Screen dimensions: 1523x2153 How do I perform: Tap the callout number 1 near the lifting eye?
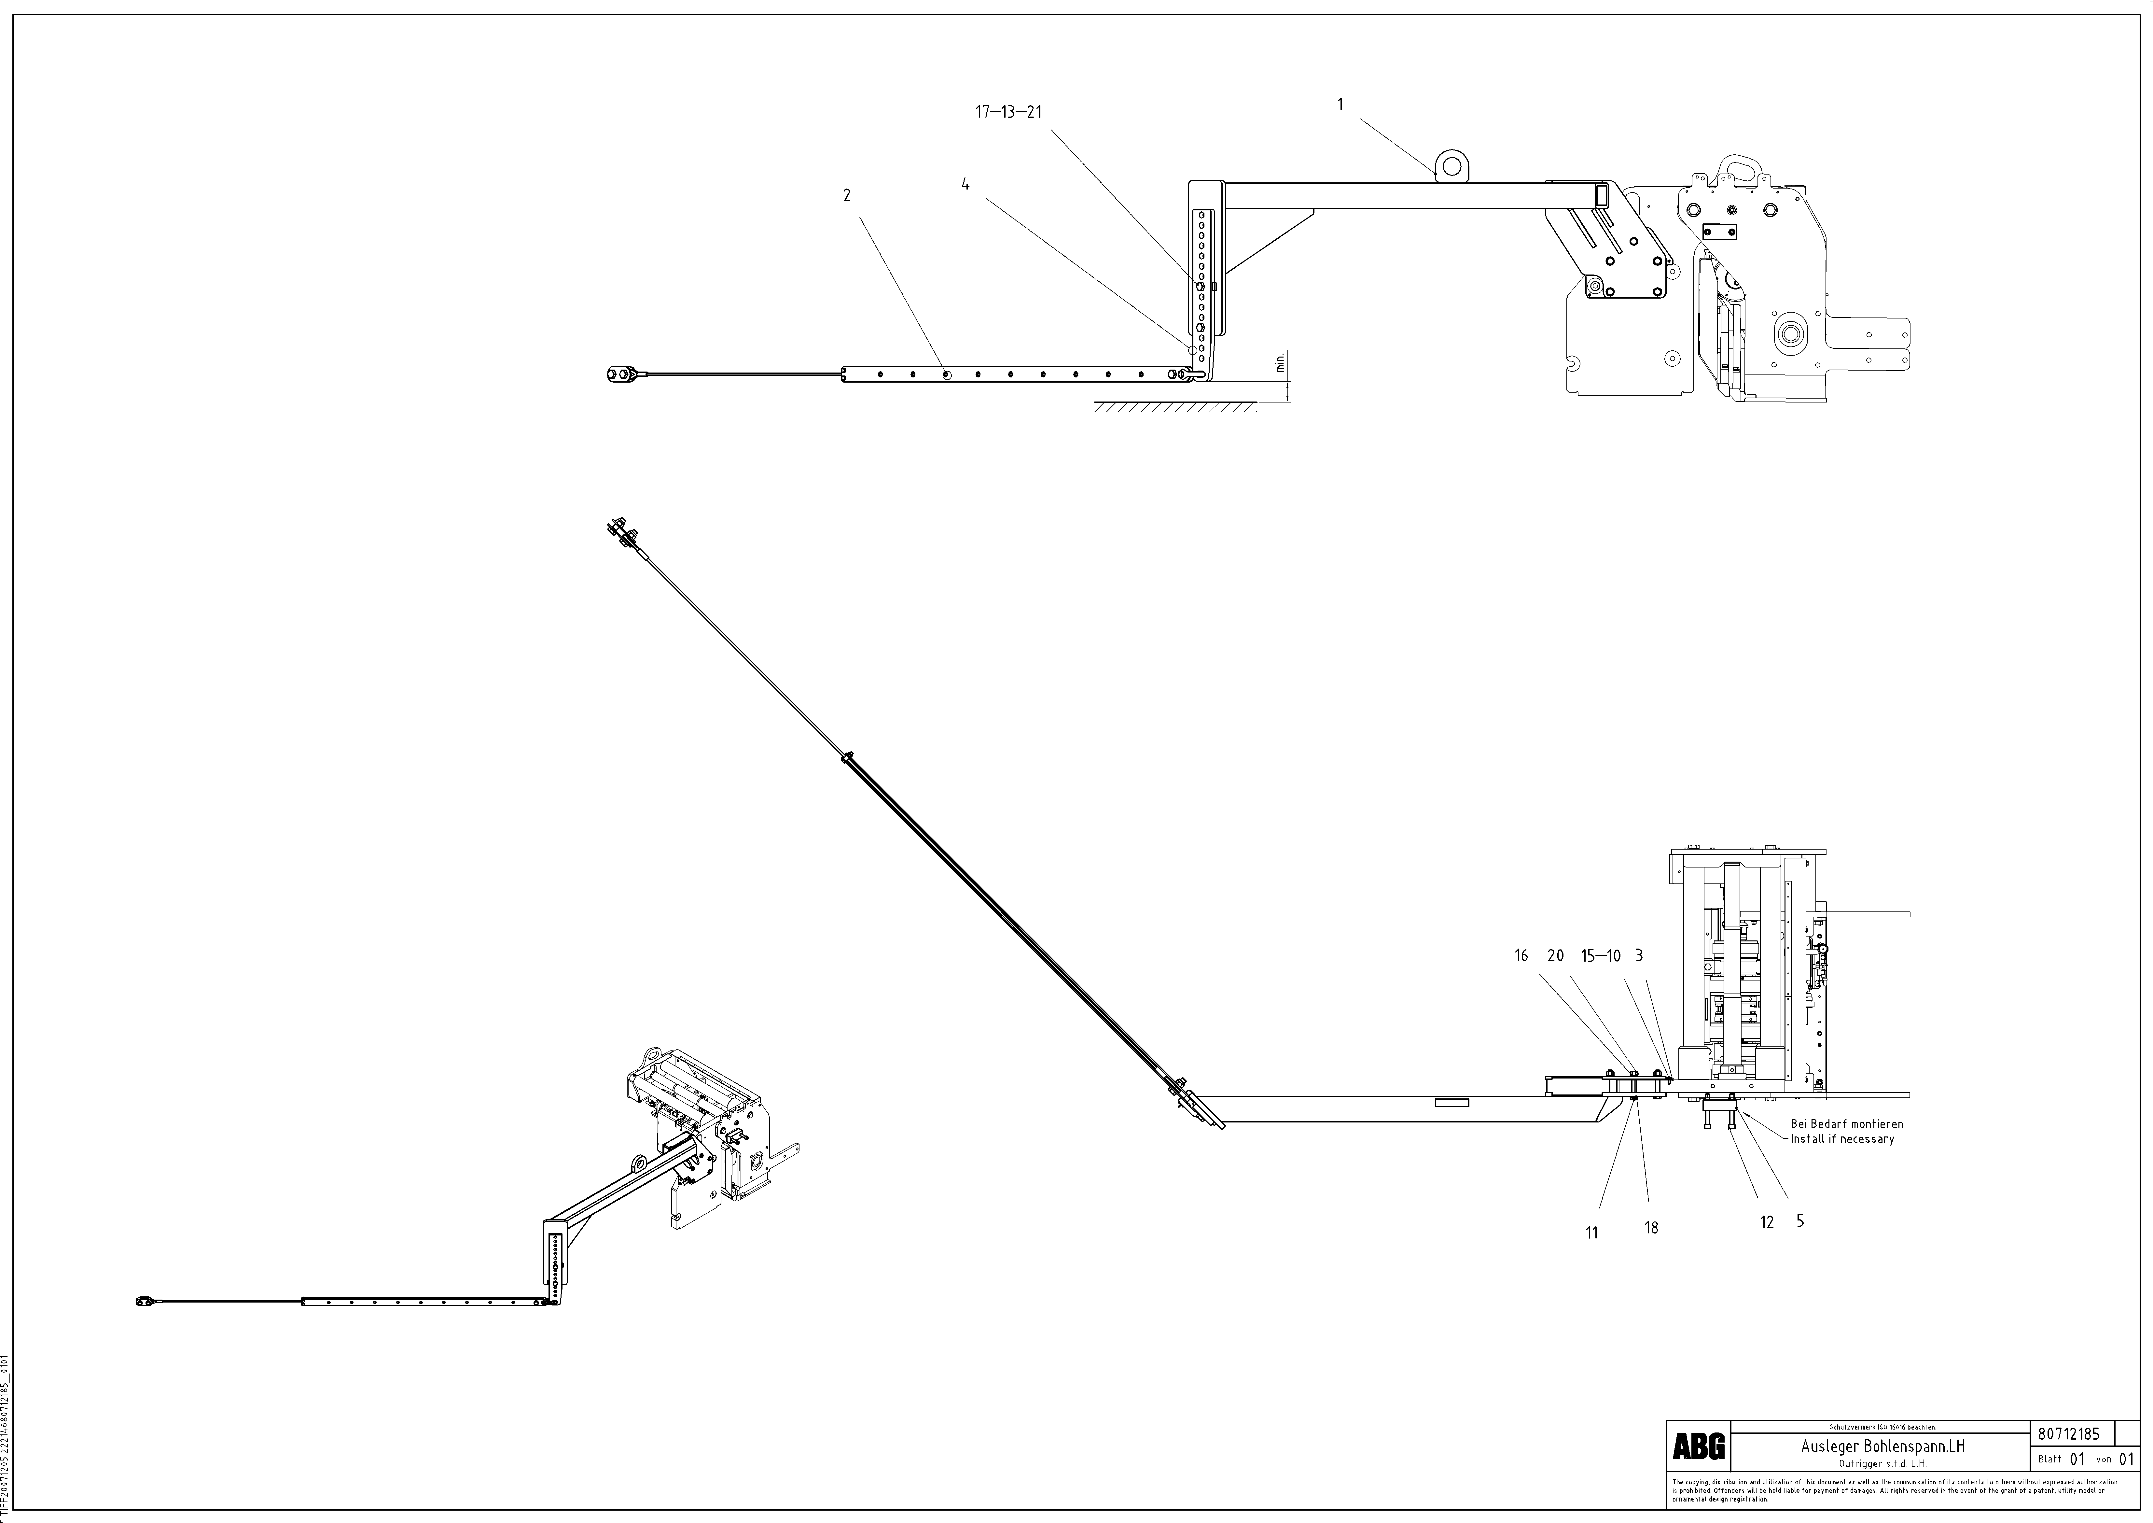1340,104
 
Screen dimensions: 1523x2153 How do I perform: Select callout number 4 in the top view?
965,185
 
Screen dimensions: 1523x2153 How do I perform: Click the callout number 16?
1521,956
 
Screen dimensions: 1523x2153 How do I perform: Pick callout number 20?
1556,956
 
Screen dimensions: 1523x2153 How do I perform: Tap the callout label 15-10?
1601,956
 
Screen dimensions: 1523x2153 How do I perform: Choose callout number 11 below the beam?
1591,1233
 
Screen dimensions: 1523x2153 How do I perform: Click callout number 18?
1651,1228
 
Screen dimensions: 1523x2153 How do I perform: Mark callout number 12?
1767,1223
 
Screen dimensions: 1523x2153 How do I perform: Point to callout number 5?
1799,1221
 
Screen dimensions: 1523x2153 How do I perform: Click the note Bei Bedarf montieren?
1846,1123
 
